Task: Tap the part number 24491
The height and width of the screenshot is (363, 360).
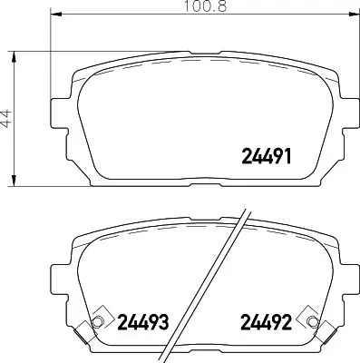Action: pyautogui.click(x=266, y=154)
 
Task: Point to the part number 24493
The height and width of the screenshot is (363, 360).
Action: pyautogui.click(x=143, y=321)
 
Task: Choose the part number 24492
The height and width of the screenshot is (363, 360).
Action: pyautogui.click(x=266, y=321)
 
